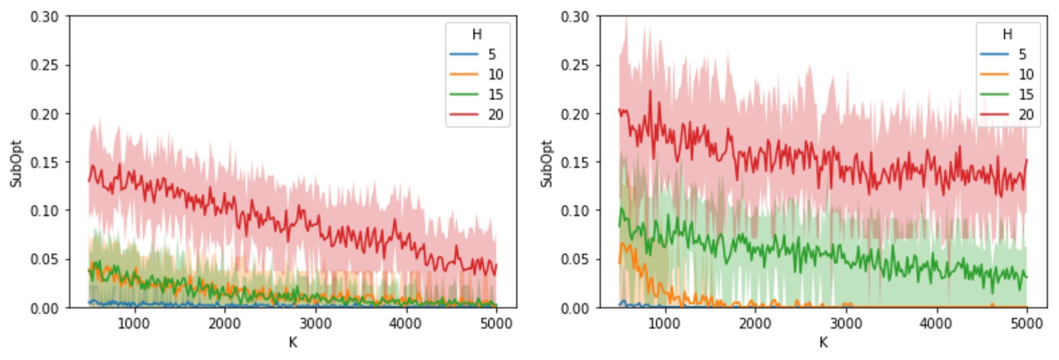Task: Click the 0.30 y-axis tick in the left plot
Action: (x=44, y=17)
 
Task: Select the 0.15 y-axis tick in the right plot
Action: (x=574, y=162)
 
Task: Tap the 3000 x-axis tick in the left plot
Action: (x=315, y=323)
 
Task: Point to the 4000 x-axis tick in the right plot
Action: (x=936, y=323)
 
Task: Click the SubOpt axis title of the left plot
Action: (x=16, y=163)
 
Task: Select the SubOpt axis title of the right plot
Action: (x=546, y=163)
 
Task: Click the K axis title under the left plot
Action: (x=293, y=343)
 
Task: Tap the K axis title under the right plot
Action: (x=823, y=343)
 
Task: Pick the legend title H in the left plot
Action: (x=477, y=35)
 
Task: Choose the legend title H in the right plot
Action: (x=1008, y=35)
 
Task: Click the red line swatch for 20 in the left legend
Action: (x=464, y=115)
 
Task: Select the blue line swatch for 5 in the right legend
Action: (x=994, y=55)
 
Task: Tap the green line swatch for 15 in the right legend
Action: (x=994, y=95)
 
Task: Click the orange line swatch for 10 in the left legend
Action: (x=464, y=75)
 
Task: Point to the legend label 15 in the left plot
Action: (x=495, y=95)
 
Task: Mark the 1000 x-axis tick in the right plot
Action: (x=664, y=323)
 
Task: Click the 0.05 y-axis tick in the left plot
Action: (x=44, y=259)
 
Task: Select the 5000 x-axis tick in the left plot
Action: (x=496, y=323)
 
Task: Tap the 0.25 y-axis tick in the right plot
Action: (x=574, y=65)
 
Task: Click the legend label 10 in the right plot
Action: (x=1026, y=75)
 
